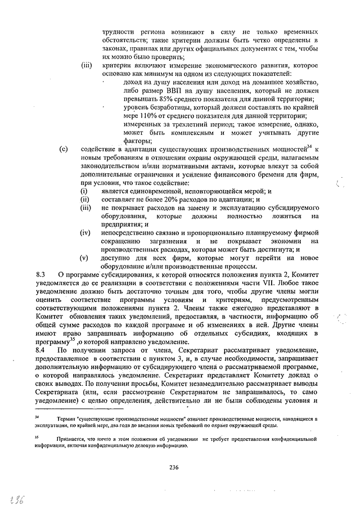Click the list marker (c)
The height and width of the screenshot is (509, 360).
click(x=64, y=149)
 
